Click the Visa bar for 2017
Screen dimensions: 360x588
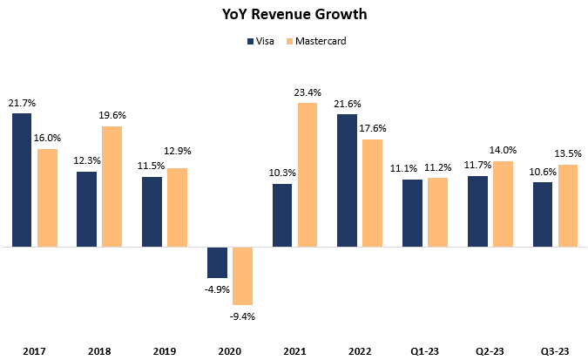tap(23, 180)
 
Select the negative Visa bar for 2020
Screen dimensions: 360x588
tap(218, 262)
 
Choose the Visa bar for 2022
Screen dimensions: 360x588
tap(348, 180)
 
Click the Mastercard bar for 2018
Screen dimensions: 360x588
tap(111, 187)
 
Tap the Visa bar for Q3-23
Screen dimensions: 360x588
tap(543, 214)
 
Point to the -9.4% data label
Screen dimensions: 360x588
tap(241, 316)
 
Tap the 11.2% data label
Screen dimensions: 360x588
tap(437, 167)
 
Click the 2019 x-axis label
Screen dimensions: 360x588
tap(164, 351)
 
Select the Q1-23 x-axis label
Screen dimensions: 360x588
tap(424, 351)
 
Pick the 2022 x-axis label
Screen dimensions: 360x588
tap(359, 351)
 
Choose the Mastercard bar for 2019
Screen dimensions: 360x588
tap(176, 207)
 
